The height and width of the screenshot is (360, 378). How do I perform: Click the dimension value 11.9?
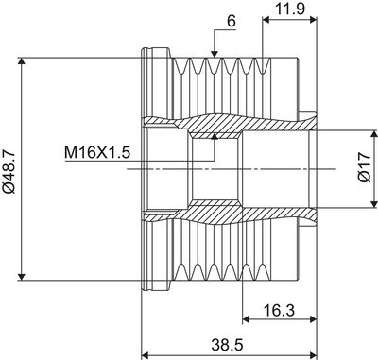pos(290,9)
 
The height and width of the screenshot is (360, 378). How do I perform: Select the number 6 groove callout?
pos(232,22)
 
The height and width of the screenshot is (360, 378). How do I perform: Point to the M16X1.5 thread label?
pos(97,153)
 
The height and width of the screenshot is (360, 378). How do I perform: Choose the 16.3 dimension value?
pos(279,310)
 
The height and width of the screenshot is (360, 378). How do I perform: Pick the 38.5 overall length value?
pos(227,345)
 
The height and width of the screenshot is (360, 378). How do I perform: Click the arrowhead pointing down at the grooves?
pos(215,54)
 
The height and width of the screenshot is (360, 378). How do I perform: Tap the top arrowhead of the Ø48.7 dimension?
pos(21,61)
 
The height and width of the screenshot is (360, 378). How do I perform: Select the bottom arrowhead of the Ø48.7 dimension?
pos(21,276)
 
